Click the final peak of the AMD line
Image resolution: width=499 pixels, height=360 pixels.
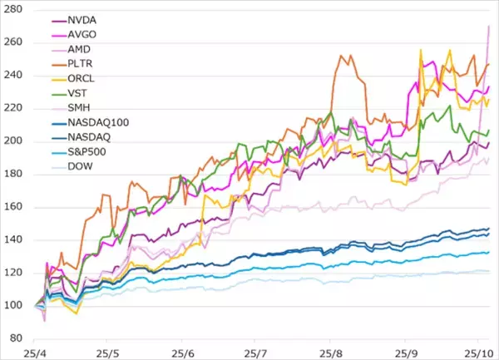[x=488, y=27]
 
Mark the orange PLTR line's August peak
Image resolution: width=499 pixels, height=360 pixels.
[x=342, y=56]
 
